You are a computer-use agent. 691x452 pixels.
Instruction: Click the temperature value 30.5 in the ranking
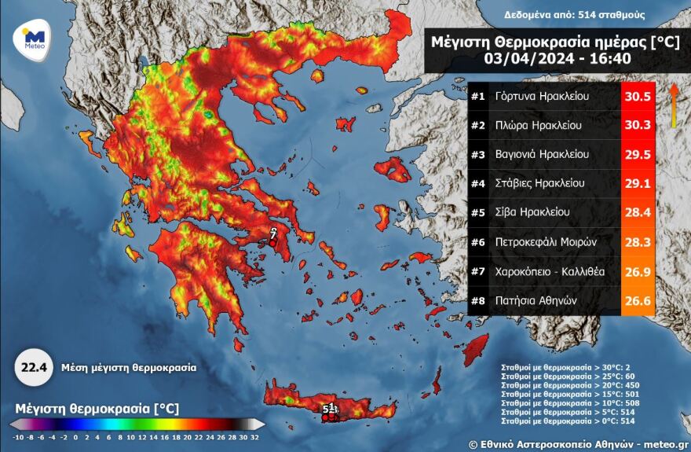click(x=636, y=97)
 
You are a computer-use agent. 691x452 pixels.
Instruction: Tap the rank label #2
click(x=477, y=126)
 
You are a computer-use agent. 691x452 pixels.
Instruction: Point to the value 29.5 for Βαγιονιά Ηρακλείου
click(x=636, y=155)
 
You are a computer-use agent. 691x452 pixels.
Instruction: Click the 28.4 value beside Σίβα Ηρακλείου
click(x=636, y=212)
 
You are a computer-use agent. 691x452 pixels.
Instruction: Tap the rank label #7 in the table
click(x=477, y=270)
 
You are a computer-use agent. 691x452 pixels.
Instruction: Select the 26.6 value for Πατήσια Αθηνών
click(x=636, y=299)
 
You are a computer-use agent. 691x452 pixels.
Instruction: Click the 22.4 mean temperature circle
click(x=31, y=367)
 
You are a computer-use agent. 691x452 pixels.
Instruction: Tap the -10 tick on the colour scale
click(x=17, y=436)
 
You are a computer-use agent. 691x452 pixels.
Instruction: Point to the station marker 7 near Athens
click(x=272, y=234)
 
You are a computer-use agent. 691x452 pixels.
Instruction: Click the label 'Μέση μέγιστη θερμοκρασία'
click(x=130, y=367)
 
